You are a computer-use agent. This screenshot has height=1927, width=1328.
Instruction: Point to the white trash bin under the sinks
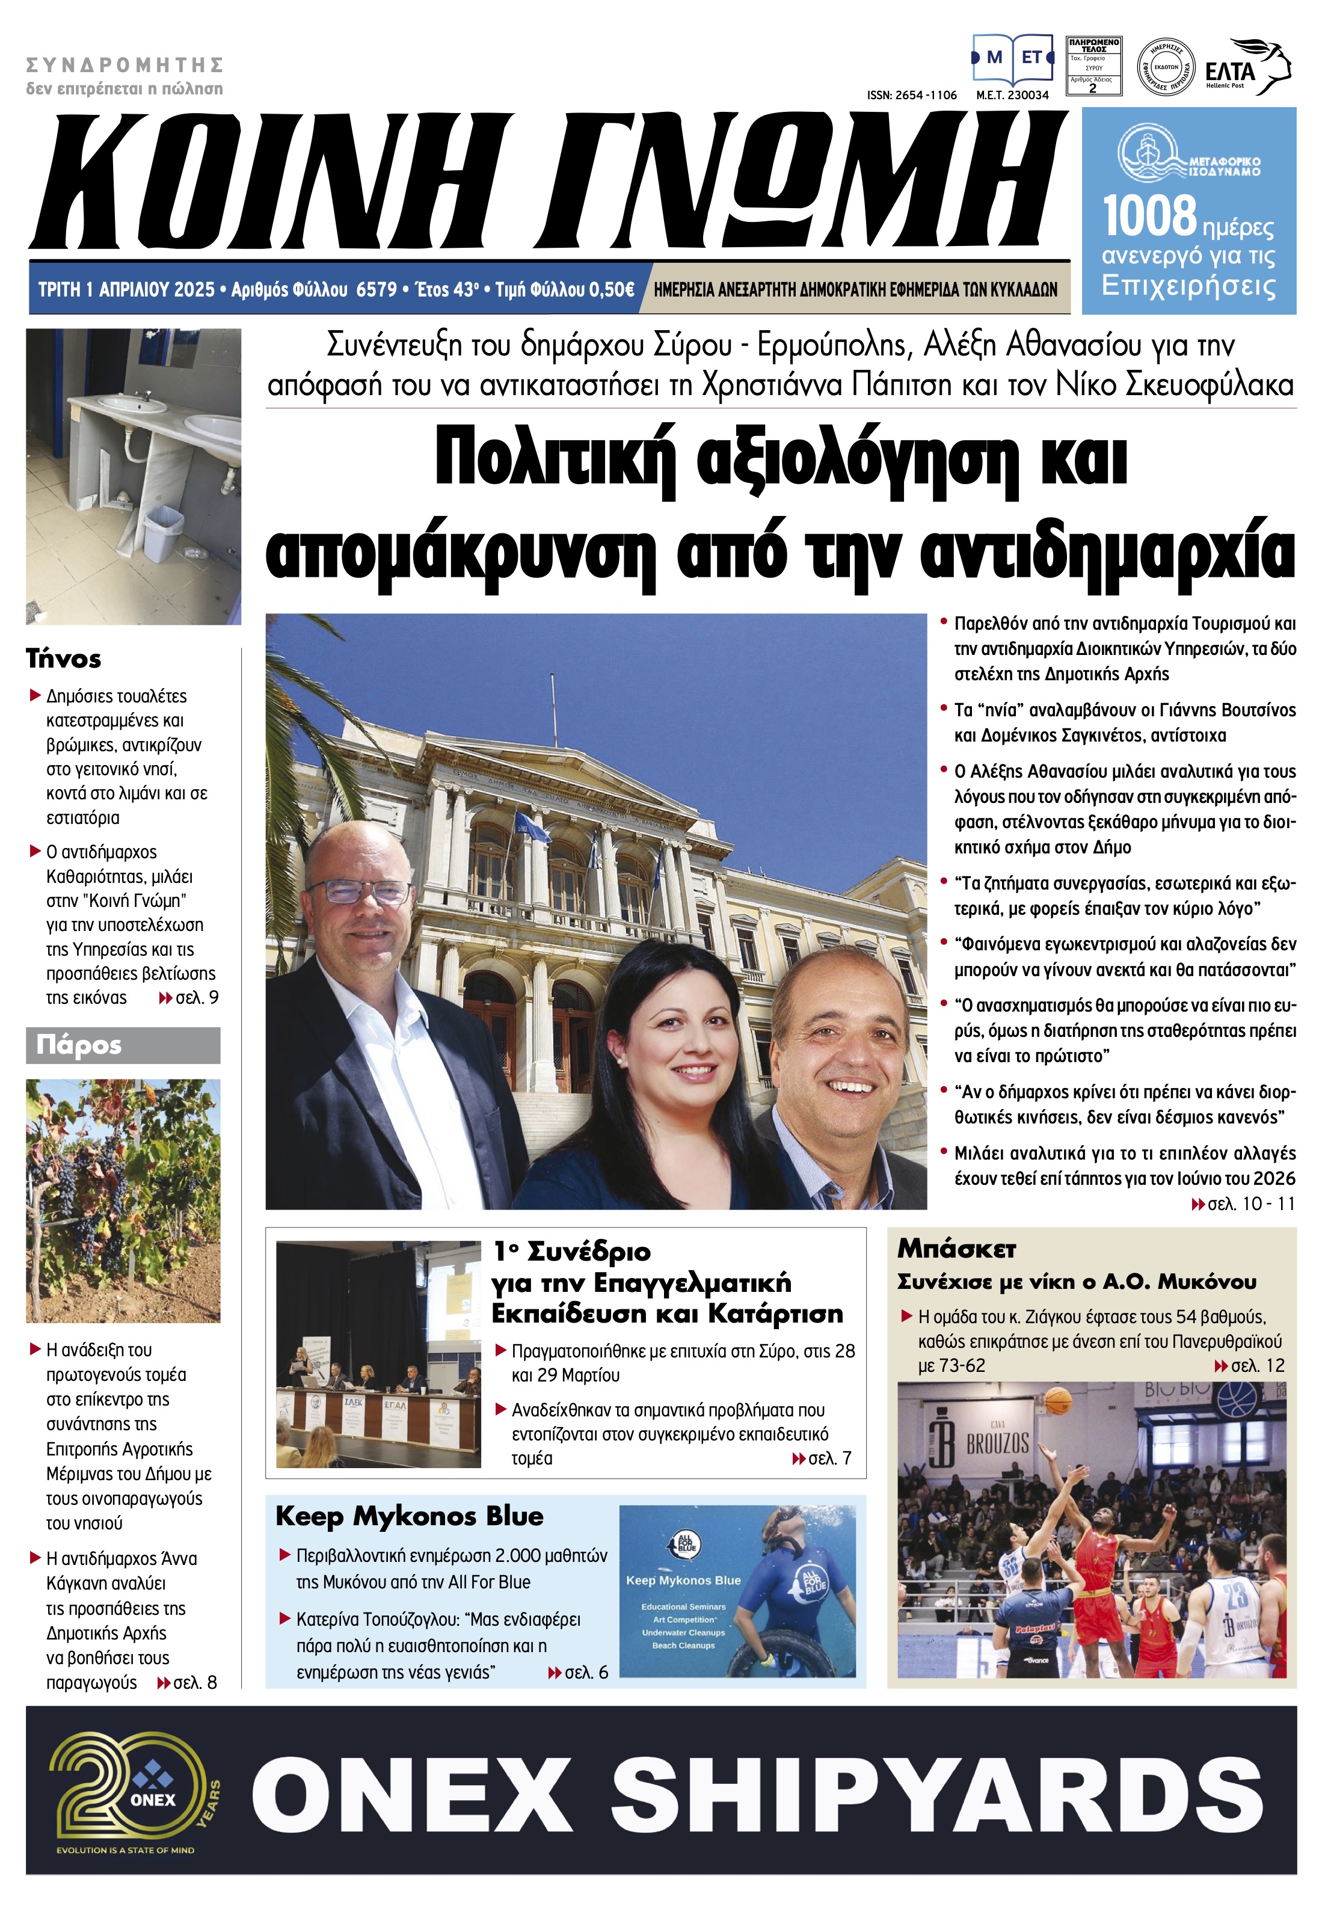163,532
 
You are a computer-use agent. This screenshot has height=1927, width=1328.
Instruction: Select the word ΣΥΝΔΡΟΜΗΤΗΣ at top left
125,65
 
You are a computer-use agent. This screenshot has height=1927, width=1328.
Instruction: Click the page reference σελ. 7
829,1458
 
